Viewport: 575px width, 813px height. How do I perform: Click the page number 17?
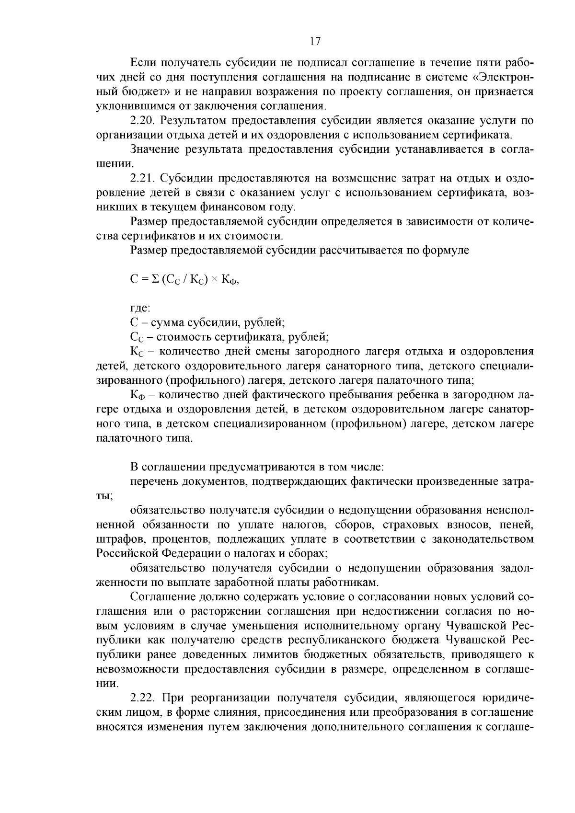pos(314,42)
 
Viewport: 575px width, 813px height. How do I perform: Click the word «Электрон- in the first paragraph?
pos(501,77)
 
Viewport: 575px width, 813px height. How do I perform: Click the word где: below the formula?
pos(140,309)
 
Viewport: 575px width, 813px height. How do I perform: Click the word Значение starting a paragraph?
pos(152,149)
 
